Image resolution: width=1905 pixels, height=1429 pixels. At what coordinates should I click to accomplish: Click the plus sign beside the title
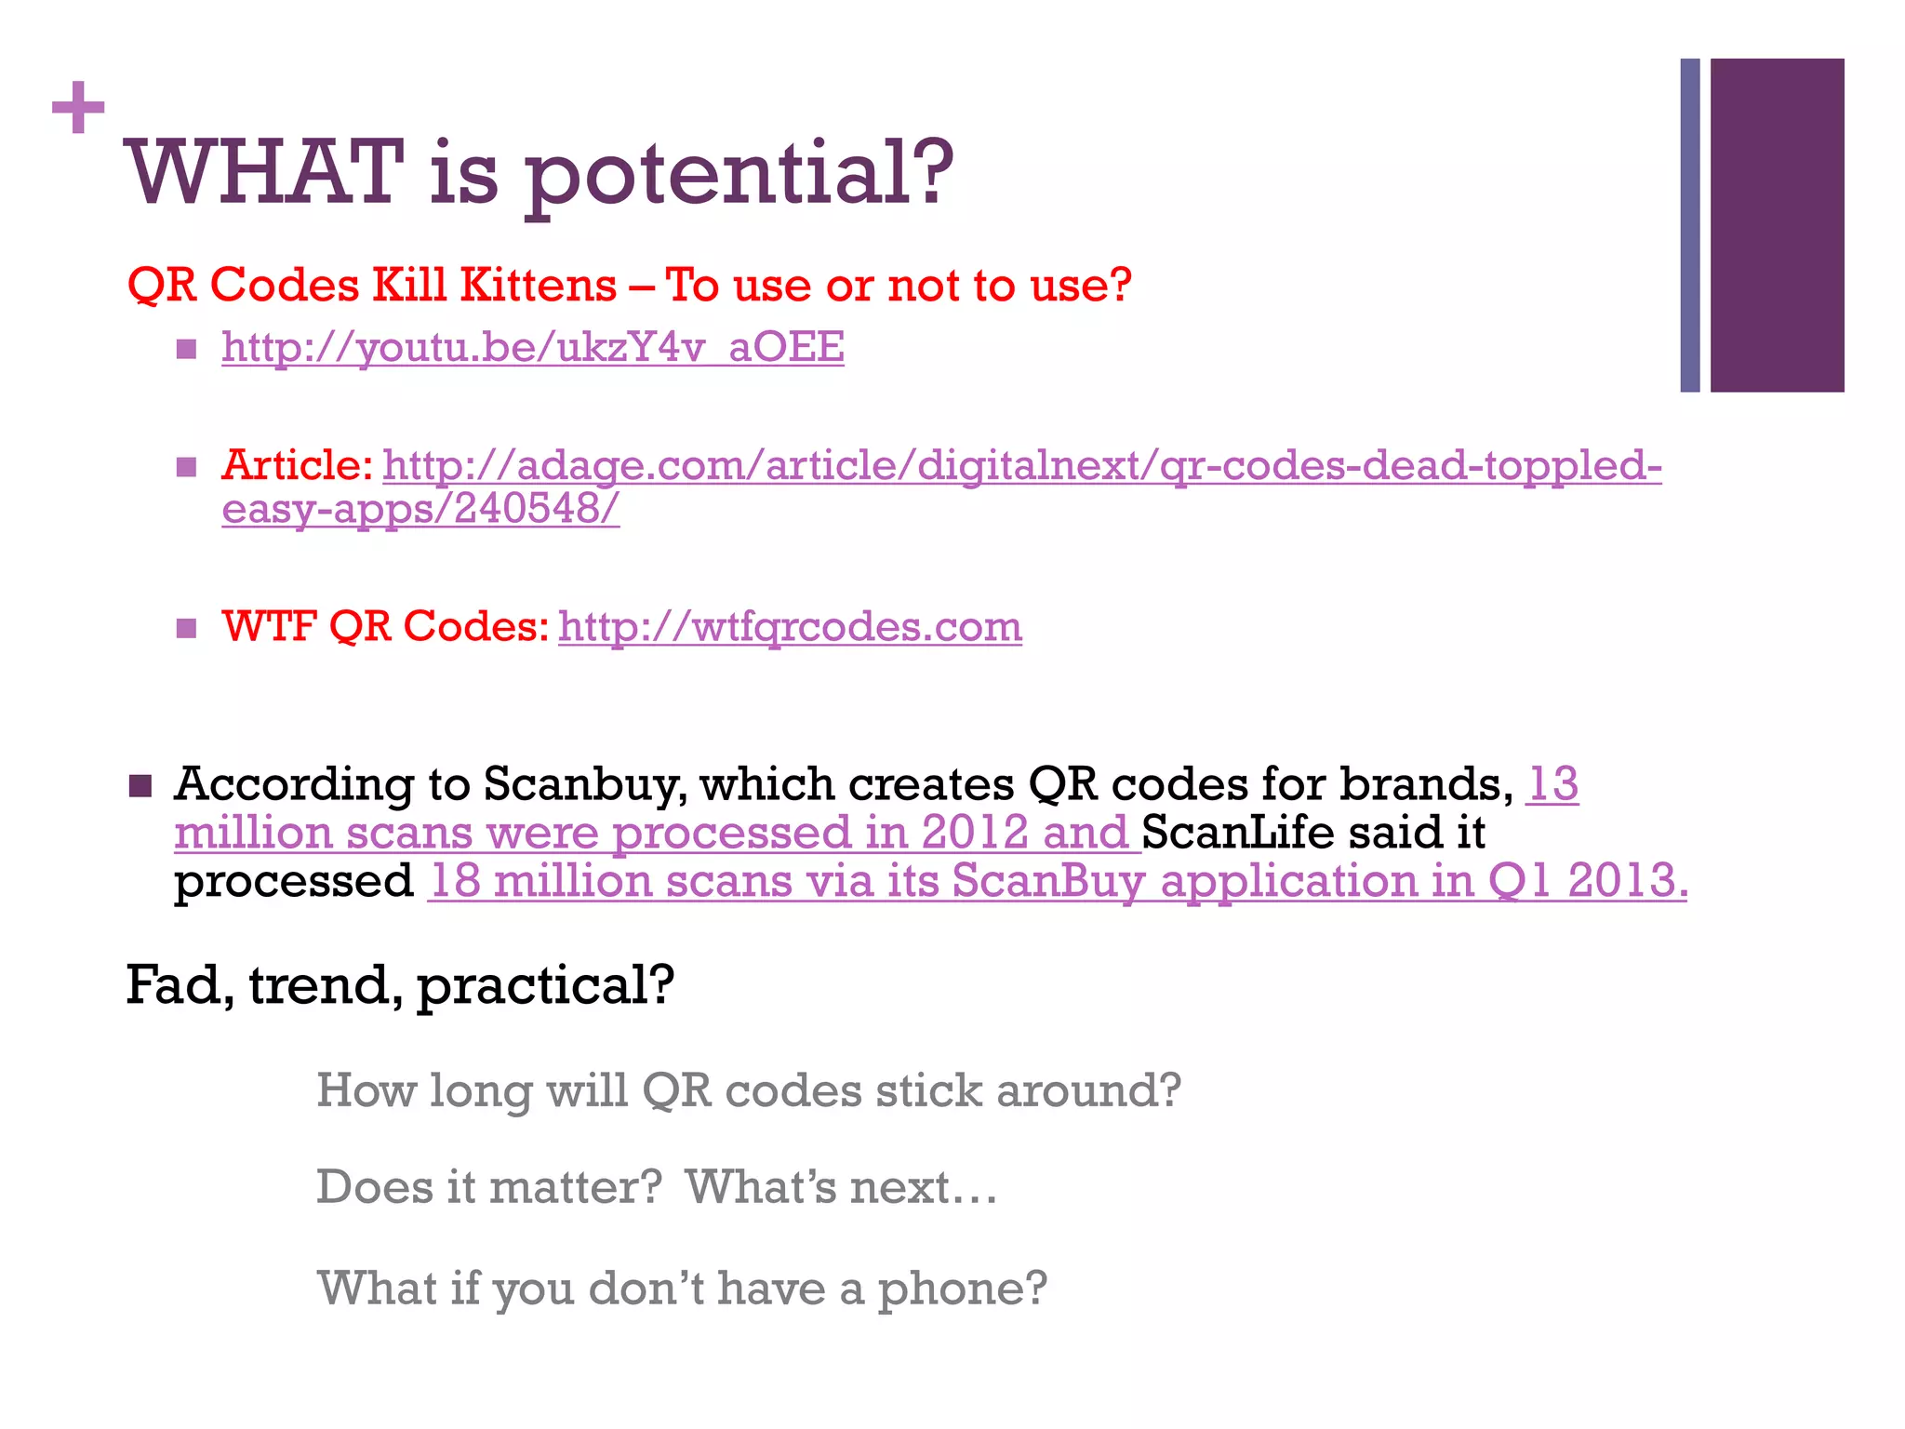[x=78, y=108]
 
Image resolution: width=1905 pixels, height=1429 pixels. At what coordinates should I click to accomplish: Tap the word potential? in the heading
[x=739, y=177]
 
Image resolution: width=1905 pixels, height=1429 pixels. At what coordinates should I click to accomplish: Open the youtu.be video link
[x=532, y=347]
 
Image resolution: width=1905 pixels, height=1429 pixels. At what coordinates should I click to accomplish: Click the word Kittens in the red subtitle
[x=538, y=285]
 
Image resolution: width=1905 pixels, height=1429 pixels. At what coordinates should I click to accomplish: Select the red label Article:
[x=297, y=465]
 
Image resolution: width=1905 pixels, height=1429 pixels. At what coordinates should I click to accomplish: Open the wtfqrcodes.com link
[x=790, y=626]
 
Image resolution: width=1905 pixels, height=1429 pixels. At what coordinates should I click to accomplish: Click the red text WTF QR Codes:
[x=385, y=626]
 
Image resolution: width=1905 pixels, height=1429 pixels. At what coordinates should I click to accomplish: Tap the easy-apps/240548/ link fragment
[x=420, y=509]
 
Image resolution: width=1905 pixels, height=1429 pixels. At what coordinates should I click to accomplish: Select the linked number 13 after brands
[x=1552, y=784]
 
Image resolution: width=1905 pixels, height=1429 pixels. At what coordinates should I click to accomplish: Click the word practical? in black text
[x=545, y=986]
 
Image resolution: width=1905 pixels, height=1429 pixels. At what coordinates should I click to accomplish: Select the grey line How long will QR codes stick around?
[x=748, y=1090]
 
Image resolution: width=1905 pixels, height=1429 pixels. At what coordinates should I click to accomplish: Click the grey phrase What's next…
[x=841, y=1187]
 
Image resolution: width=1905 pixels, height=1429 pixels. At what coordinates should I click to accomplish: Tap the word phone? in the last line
[x=962, y=1289]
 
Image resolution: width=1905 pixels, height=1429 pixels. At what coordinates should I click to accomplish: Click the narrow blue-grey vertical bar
[x=1689, y=225]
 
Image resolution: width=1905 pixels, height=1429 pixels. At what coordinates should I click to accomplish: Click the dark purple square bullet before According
[x=140, y=786]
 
